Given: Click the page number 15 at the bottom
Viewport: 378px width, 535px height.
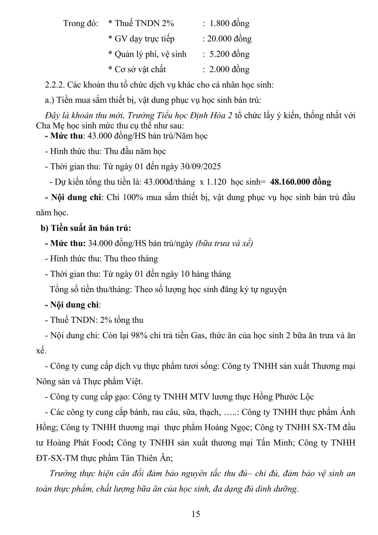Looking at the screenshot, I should coord(196,514).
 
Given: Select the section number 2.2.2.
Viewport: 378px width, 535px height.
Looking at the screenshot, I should coord(55,85).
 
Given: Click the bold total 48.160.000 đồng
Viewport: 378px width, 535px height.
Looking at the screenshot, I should coord(301,182).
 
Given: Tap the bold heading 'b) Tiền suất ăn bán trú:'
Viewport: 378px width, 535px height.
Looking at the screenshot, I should coord(86,228).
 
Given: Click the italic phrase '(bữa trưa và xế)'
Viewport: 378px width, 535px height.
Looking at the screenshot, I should coord(224,243).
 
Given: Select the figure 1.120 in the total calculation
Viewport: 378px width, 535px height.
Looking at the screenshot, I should coord(215,182).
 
